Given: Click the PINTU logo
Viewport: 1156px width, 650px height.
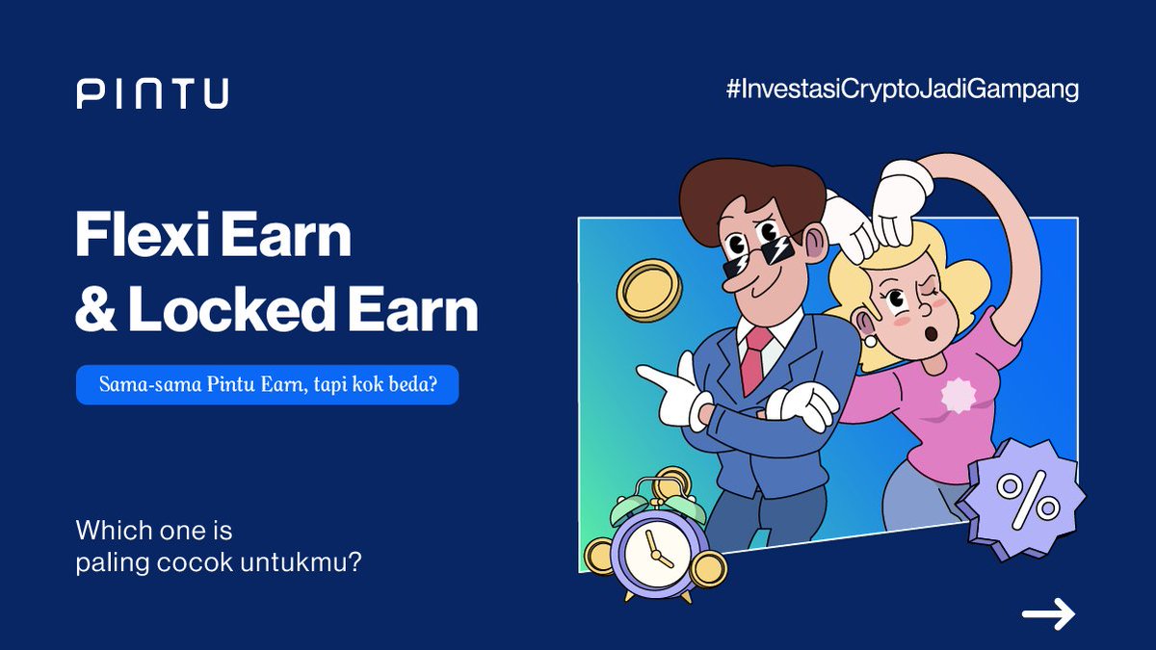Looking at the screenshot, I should coord(152,93).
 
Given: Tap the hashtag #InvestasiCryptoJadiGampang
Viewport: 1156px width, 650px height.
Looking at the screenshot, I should coord(902,91).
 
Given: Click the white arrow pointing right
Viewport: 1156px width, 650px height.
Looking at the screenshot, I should coord(1048,613).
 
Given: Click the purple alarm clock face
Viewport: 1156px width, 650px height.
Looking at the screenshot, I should coord(654,551).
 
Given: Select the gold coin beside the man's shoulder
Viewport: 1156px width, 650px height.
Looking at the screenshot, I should coord(648,290).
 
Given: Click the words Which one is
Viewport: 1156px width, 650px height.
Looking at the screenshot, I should coord(154,531).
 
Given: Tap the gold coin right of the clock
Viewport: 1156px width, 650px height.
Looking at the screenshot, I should coord(708,568).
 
